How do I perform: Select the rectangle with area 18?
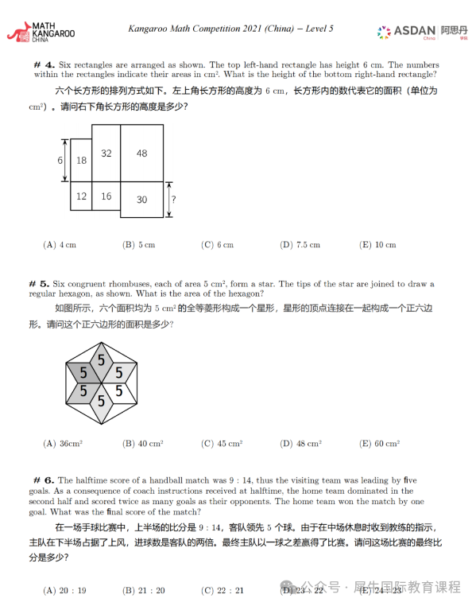(81, 160)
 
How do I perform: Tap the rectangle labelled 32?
(106, 153)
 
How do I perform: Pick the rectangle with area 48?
(141, 153)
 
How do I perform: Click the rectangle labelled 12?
(81, 196)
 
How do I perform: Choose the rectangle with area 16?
(106, 196)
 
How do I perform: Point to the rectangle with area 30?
(141, 200)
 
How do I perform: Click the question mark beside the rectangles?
(173, 200)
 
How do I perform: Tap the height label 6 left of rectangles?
(60, 160)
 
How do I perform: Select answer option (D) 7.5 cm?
(300, 245)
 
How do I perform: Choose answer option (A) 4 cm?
(60, 245)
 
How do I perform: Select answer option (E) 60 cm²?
(379, 444)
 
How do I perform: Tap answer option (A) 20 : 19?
(64, 590)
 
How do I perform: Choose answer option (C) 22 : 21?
(223, 590)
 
